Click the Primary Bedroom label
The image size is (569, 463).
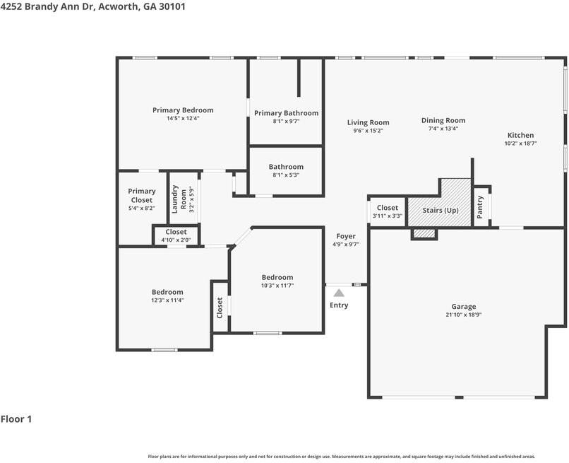coord(183,110)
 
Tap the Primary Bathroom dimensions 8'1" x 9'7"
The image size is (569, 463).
coord(286,121)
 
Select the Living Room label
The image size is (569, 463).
coord(368,122)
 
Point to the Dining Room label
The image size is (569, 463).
coord(443,120)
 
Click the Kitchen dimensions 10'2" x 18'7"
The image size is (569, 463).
coord(520,143)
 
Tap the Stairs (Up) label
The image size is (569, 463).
coord(441,211)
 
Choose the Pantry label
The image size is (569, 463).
coord(480,207)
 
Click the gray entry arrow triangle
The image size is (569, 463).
coord(339,293)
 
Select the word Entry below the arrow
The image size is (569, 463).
coord(339,305)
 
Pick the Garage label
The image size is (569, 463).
coord(463,306)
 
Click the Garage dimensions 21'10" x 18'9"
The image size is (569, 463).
coord(463,315)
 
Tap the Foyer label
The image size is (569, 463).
coord(346,236)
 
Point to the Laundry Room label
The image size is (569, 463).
coord(179,199)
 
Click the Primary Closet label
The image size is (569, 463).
coord(141,196)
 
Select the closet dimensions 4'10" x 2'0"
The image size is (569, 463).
coord(176,240)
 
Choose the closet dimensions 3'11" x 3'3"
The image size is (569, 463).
coord(387,216)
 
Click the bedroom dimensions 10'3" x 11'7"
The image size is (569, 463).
coord(277,286)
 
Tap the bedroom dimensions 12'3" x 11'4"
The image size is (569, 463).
coord(167,300)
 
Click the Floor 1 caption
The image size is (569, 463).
coord(16,419)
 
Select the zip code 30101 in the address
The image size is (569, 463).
coord(172,6)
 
